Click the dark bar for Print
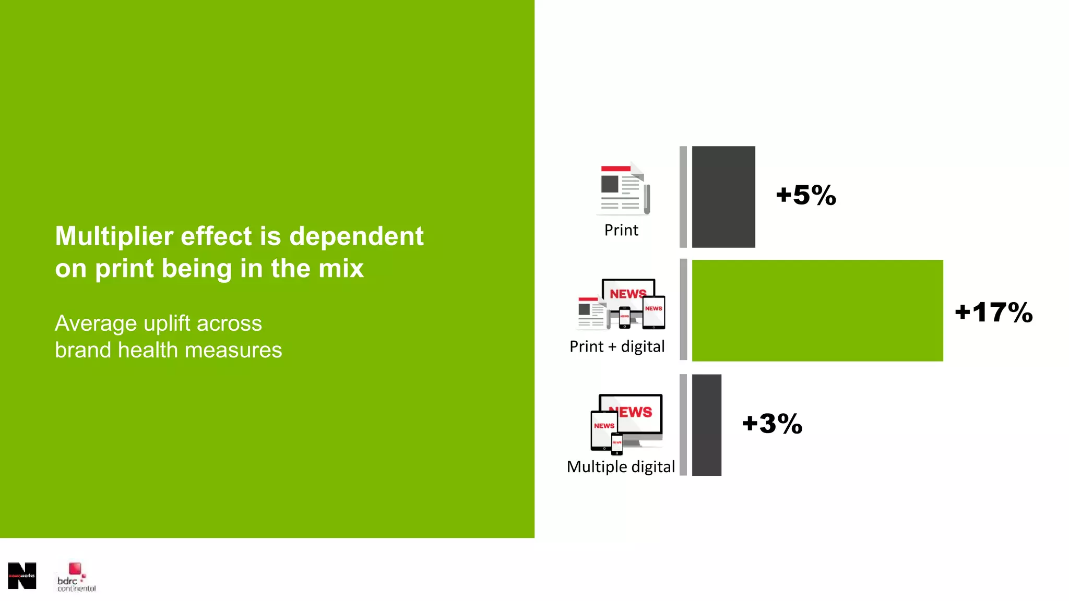(723, 197)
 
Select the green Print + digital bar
(817, 310)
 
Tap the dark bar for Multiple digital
(707, 425)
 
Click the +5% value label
(806, 195)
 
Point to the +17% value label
(994, 312)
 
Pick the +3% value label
(773, 423)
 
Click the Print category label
(621, 230)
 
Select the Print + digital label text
(617, 346)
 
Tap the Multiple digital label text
(621, 466)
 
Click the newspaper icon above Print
(623, 189)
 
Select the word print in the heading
(124, 269)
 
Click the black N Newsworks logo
(22, 576)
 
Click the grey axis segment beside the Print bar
(683, 197)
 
